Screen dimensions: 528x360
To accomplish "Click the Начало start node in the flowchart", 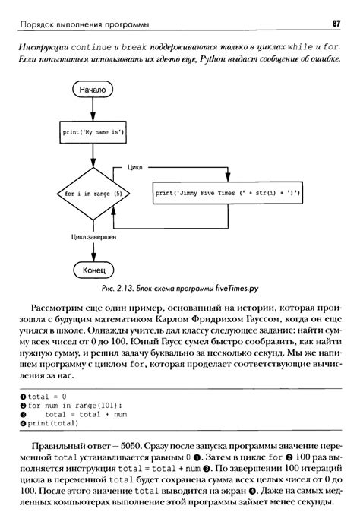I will point(93,89).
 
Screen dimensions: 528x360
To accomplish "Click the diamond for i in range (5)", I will point(93,194).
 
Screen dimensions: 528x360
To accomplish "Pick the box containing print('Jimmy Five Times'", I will point(228,194).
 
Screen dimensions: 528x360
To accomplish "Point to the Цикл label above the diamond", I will point(135,163).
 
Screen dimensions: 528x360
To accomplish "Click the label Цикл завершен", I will point(93,237).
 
